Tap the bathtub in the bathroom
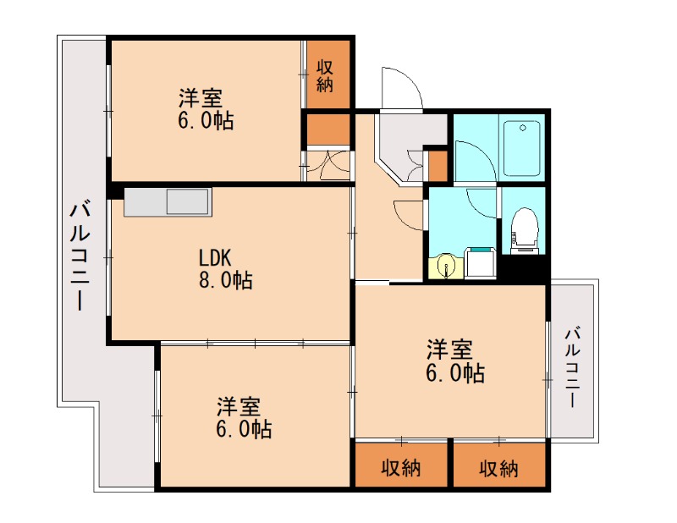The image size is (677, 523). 520,148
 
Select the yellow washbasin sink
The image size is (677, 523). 445,266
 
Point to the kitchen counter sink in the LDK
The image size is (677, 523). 187,203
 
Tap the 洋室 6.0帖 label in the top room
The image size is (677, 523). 203,108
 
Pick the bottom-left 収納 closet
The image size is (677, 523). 401,467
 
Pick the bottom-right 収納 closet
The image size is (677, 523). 499,467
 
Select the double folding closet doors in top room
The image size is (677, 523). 327,165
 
